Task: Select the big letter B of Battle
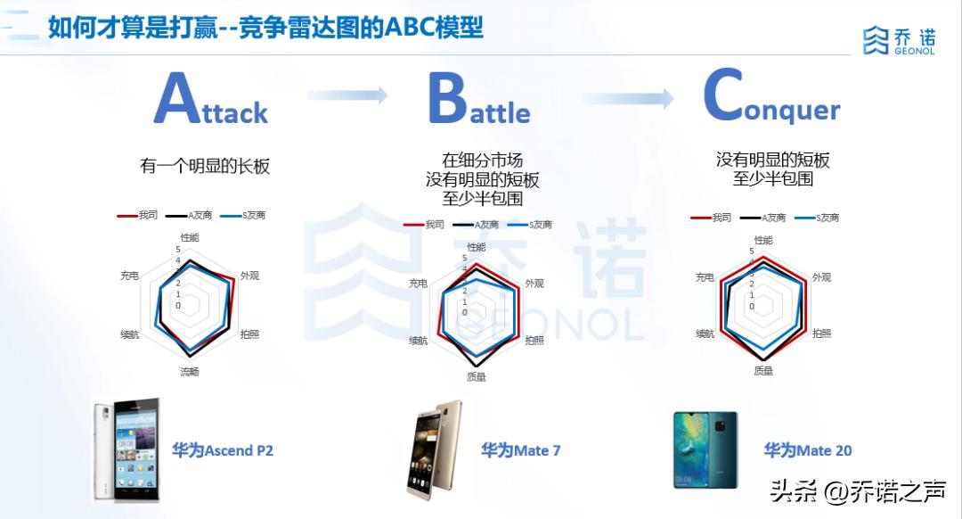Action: (x=448, y=98)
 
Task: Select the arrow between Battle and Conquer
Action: (x=629, y=99)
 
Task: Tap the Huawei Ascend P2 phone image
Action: (x=127, y=449)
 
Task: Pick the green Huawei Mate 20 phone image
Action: (x=705, y=449)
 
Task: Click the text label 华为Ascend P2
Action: (x=223, y=450)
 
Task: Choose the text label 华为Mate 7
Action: (x=521, y=450)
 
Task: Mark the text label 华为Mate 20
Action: (x=808, y=450)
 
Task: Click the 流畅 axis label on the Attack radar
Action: (x=190, y=372)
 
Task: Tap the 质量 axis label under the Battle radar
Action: (x=477, y=376)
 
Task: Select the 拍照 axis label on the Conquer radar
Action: (x=821, y=334)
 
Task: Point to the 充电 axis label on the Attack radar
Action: (x=129, y=276)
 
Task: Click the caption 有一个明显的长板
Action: (x=205, y=166)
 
